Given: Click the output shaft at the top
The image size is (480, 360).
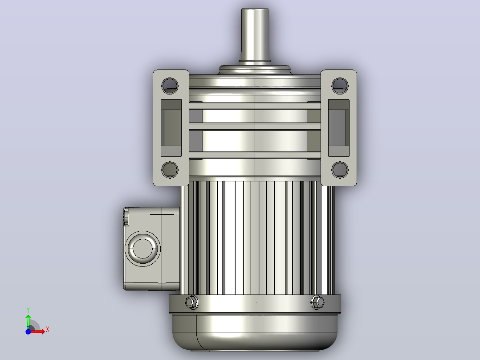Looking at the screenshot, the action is pyautogui.click(x=255, y=35).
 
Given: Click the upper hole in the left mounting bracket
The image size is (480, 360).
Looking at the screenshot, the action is pyautogui.click(x=170, y=86).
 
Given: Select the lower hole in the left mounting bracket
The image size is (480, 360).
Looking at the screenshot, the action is pyautogui.click(x=170, y=169).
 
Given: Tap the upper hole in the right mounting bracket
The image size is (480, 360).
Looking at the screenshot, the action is pyautogui.click(x=340, y=86).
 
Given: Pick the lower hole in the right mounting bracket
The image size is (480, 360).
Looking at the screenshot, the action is pyautogui.click(x=340, y=169).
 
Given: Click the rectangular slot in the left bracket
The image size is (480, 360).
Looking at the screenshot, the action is pyautogui.click(x=171, y=128).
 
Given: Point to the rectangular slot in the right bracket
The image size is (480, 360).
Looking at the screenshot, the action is pyautogui.click(x=338, y=128).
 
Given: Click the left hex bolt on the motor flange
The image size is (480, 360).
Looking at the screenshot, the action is pyautogui.click(x=192, y=303).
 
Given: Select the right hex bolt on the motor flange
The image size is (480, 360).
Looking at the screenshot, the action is pyautogui.click(x=317, y=303).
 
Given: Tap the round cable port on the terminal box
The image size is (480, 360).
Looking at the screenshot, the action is pyautogui.click(x=142, y=249).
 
